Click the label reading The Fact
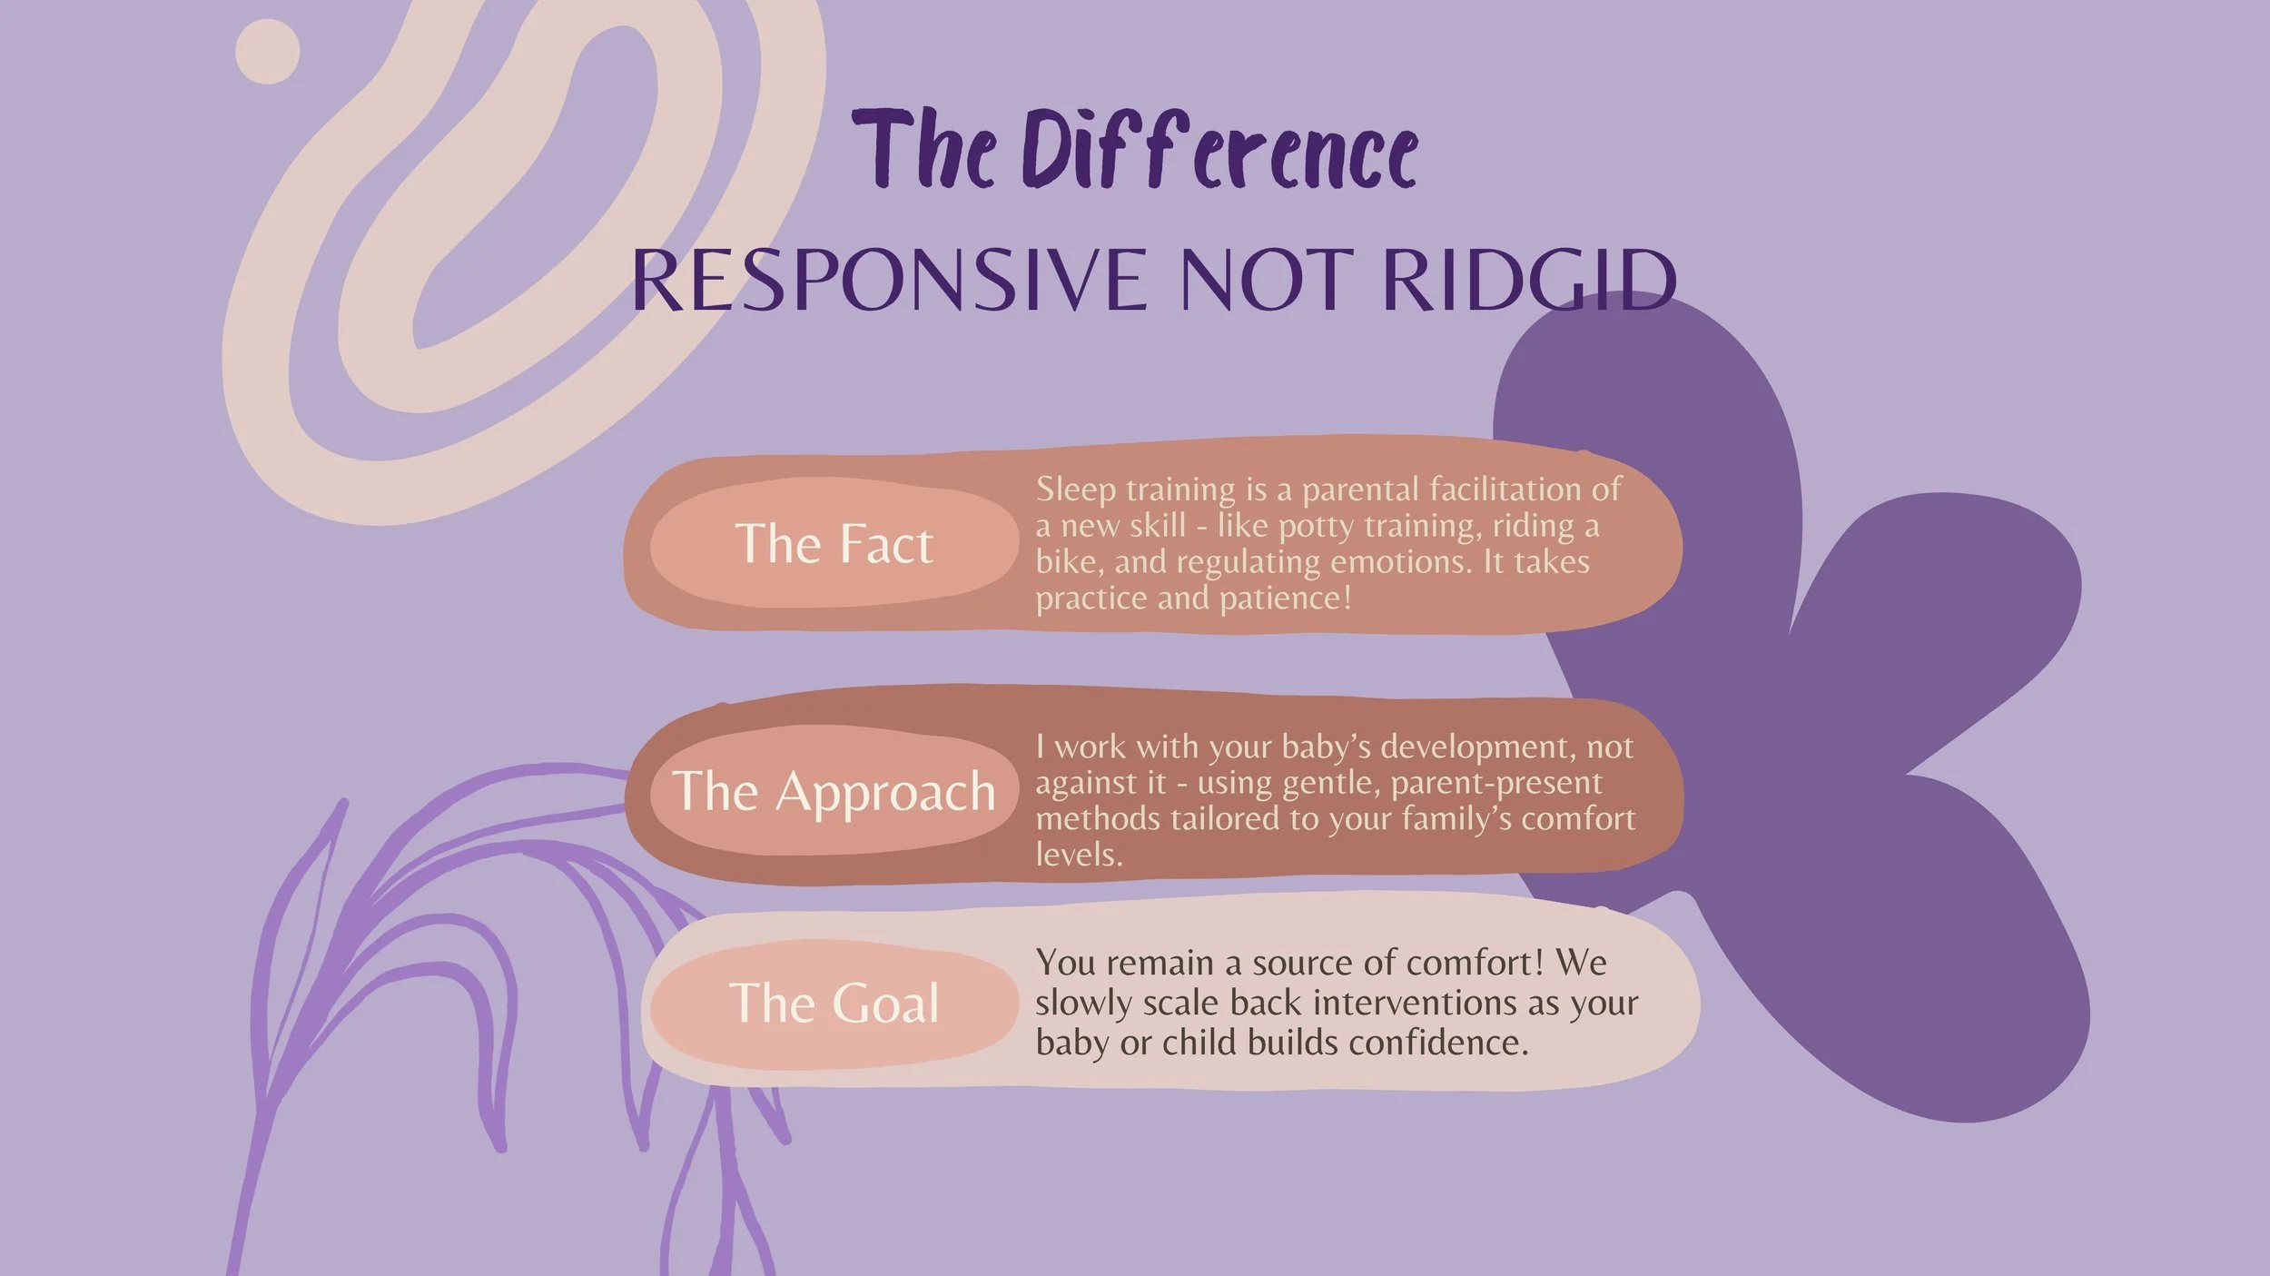pos(834,543)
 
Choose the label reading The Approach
pos(834,791)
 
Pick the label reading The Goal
pos(834,1003)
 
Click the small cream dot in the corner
pos(267,52)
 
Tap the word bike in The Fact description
pos(1069,562)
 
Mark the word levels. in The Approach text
pos(1079,855)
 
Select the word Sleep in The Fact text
pos(1076,490)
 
